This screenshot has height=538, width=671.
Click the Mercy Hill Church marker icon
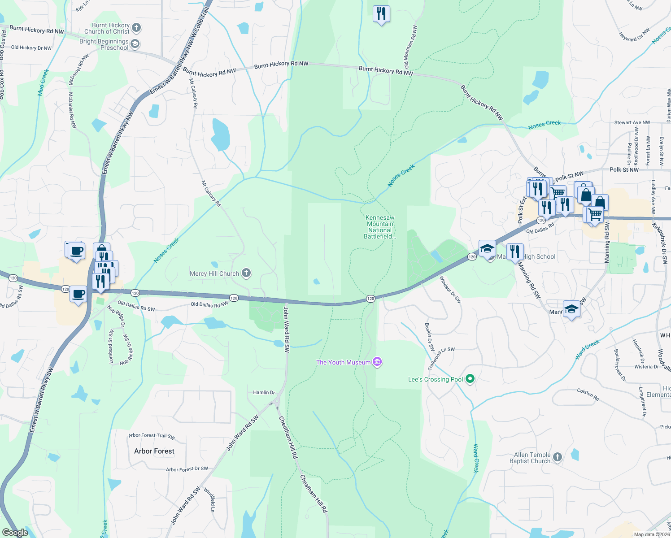pyautogui.click(x=246, y=273)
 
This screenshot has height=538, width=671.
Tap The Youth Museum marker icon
pyautogui.click(x=377, y=362)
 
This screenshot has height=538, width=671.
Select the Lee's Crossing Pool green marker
pyautogui.click(x=470, y=379)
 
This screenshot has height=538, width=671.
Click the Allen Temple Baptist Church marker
pyautogui.click(x=557, y=457)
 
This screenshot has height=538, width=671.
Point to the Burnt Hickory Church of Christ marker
pyautogui.click(x=136, y=28)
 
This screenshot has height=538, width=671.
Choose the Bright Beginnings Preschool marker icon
pyautogui.click(x=135, y=44)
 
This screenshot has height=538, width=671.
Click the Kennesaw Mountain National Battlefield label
pyautogui.click(x=380, y=227)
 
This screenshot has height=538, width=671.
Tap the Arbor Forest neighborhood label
pyautogui.click(x=154, y=451)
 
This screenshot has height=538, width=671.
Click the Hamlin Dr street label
pyautogui.click(x=264, y=392)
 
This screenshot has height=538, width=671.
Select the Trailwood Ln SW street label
pyautogui.click(x=441, y=358)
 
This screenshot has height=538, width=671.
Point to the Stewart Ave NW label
pyautogui.click(x=632, y=122)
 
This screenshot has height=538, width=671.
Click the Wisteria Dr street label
pyautogui.click(x=646, y=367)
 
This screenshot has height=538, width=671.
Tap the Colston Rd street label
pyautogui.click(x=588, y=395)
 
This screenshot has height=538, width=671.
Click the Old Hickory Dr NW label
pyautogui.click(x=31, y=48)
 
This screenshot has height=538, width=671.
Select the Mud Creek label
pyautogui.click(x=43, y=82)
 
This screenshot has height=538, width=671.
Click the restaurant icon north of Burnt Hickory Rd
pyautogui.click(x=381, y=14)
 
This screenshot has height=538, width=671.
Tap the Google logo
pyautogui.click(x=15, y=533)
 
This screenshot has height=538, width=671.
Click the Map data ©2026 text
pyautogui.click(x=651, y=534)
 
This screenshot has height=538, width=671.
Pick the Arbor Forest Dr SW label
pyautogui.click(x=187, y=469)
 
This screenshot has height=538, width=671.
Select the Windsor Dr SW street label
pyautogui.click(x=450, y=290)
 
